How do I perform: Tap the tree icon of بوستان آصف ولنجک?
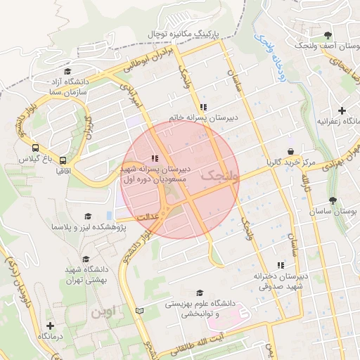tap(328, 35)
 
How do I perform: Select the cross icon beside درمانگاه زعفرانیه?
tap(342, 110)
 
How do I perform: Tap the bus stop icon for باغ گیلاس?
tap(34, 148)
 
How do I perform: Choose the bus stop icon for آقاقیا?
tap(63, 160)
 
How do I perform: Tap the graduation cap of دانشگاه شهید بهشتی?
tap(86, 259)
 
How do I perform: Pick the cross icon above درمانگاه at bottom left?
tap(49, 326)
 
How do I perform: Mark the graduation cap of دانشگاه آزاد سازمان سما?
tap(67, 71)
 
